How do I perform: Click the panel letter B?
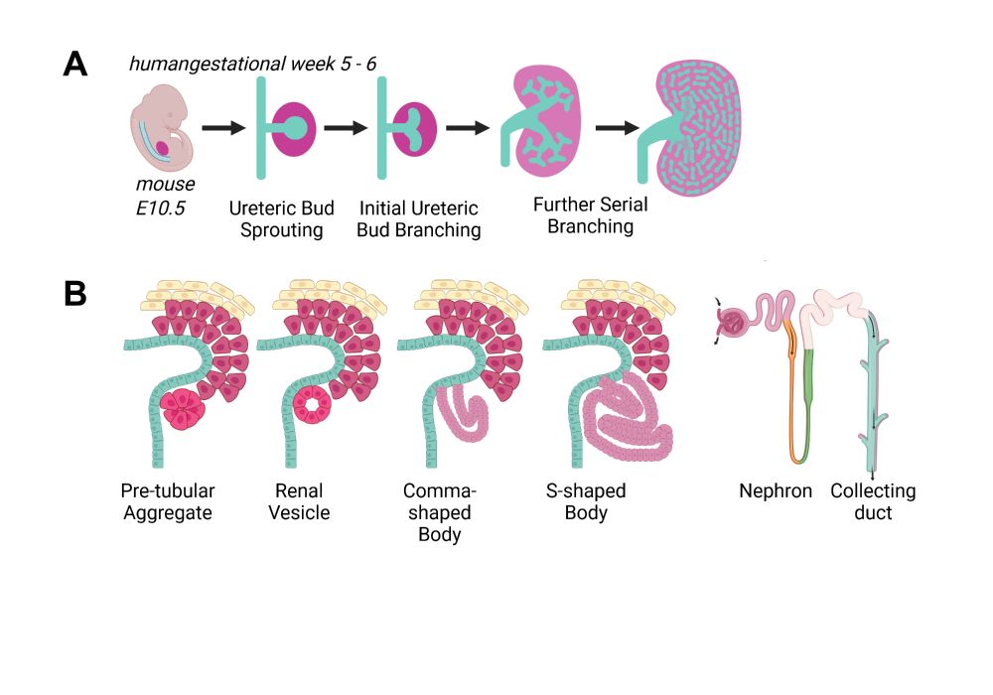pos(74,293)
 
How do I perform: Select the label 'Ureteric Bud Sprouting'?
pos(281,219)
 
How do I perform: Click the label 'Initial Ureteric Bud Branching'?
pos(419,219)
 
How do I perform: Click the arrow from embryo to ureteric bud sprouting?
pos(223,128)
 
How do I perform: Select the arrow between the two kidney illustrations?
pos(617,128)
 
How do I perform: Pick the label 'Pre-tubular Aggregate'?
pos(168,501)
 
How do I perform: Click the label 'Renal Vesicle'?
pos(302,501)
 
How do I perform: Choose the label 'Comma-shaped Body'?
pos(440,512)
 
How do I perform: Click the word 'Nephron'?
pos(776,491)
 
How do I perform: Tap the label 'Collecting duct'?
pos(873,501)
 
